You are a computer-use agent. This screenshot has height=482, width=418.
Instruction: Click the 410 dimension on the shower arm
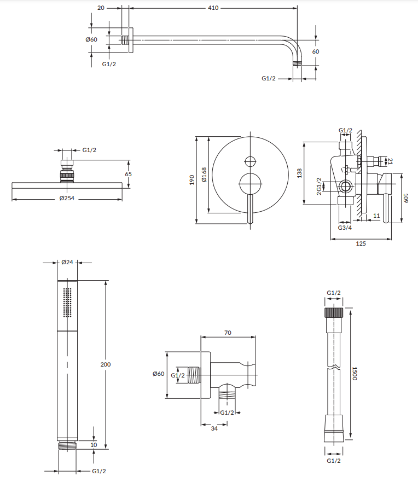213,8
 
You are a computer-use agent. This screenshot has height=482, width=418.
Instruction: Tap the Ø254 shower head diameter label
67,198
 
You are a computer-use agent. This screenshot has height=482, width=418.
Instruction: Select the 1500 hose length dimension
354,375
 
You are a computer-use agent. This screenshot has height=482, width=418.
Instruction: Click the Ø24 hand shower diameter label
67,263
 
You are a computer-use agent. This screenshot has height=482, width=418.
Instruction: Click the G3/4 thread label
345,227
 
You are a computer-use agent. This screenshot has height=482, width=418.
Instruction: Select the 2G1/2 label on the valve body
319,187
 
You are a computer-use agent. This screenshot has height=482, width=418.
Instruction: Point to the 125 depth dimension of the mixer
361,243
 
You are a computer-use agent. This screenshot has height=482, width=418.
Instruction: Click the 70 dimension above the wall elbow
228,332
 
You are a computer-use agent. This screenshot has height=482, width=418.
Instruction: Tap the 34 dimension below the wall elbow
214,429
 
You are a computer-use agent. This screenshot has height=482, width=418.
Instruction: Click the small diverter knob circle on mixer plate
250,161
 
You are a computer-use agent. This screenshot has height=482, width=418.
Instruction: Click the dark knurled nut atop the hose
334,312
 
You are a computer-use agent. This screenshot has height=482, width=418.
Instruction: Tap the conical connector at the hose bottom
334,423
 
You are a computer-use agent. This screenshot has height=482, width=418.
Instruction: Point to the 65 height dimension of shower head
129,174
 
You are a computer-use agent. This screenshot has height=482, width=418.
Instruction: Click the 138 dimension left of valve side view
299,173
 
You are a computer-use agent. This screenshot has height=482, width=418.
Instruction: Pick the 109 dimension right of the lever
405,198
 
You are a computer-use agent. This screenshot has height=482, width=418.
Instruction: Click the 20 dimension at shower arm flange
102,8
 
